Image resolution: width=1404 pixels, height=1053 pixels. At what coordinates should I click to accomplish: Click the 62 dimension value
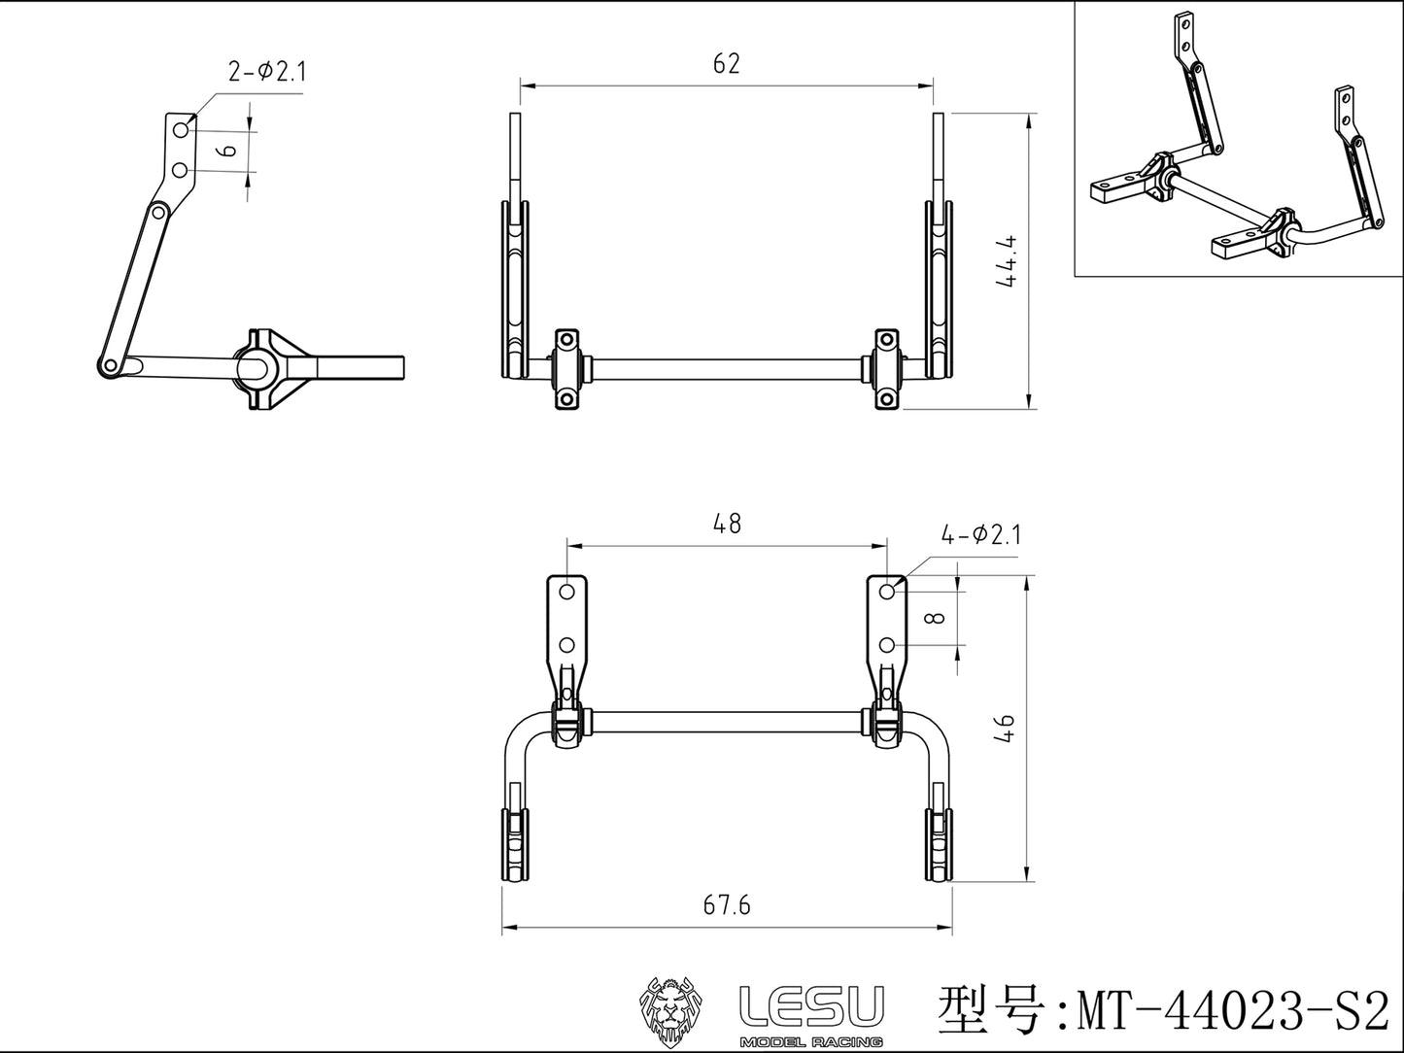click(x=726, y=64)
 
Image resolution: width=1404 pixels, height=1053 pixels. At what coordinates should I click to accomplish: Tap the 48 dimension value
click(x=726, y=524)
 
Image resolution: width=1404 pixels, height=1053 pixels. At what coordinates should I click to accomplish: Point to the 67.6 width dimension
click(x=726, y=904)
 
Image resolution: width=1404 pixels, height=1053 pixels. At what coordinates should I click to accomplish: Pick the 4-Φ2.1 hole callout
click(x=980, y=534)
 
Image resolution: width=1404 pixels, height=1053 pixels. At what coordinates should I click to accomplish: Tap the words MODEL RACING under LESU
click(x=811, y=1041)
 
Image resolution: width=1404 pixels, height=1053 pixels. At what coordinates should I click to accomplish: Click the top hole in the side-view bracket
click(x=181, y=129)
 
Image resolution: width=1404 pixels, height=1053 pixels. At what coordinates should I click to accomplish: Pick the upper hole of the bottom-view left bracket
click(x=567, y=591)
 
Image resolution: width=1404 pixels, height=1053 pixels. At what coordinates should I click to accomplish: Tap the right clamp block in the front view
click(x=886, y=369)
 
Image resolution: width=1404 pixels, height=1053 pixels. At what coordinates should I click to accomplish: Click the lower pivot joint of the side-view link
click(x=109, y=365)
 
